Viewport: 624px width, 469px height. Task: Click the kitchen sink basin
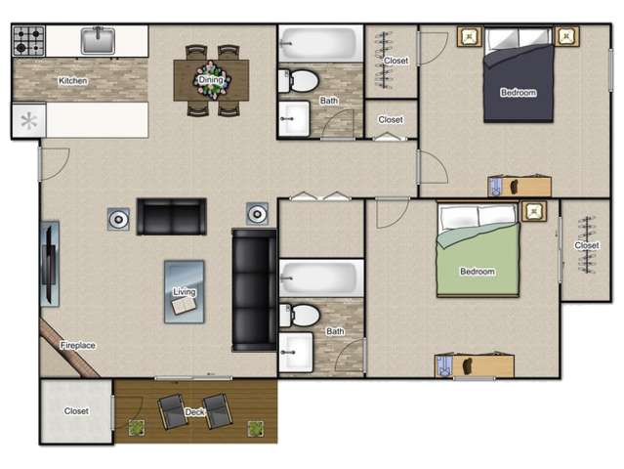click(x=98, y=41)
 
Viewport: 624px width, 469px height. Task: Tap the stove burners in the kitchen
click(x=28, y=41)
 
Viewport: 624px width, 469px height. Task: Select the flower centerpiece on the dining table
click(x=211, y=80)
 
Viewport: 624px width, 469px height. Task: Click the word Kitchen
click(x=73, y=81)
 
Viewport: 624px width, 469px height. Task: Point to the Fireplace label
click(x=77, y=345)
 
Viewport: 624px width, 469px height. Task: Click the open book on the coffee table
click(x=184, y=306)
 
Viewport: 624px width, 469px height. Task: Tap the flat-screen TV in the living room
click(x=50, y=265)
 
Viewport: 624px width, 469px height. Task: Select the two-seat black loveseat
click(x=172, y=217)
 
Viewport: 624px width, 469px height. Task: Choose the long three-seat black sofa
click(x=254, y=290)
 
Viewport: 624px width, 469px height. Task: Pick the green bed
click(x=478, y=250)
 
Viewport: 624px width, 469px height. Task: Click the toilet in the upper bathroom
click(x=299, y=81)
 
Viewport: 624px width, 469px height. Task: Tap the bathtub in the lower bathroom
click(x=321, y=277)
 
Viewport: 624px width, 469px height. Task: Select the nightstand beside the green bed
click(x=534, y=211)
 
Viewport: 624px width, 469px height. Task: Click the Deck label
click(x=195, y=412)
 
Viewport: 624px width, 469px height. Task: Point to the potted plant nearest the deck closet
click(x=137, y=428)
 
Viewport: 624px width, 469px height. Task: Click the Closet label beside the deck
click(x=76, y=411)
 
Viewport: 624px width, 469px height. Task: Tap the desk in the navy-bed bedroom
click(x=520, y=187)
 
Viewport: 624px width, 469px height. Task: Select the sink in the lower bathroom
click(x=296, y=353)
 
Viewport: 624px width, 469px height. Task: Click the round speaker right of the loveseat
click(x=257, y=214)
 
